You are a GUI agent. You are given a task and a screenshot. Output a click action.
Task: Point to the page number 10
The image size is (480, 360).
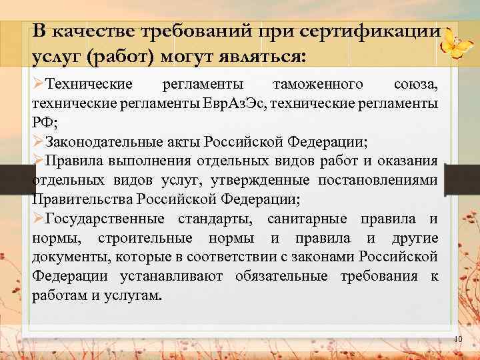(x=457, y=341)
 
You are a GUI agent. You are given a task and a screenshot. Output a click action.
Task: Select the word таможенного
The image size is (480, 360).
(x=319, y=85)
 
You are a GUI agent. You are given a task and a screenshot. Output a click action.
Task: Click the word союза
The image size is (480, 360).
(x=415, y=85)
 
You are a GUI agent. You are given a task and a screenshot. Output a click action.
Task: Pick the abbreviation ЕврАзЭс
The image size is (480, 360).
(x=237, y=104)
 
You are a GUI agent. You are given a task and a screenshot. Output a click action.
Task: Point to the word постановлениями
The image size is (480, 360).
(x=385, y=180)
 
